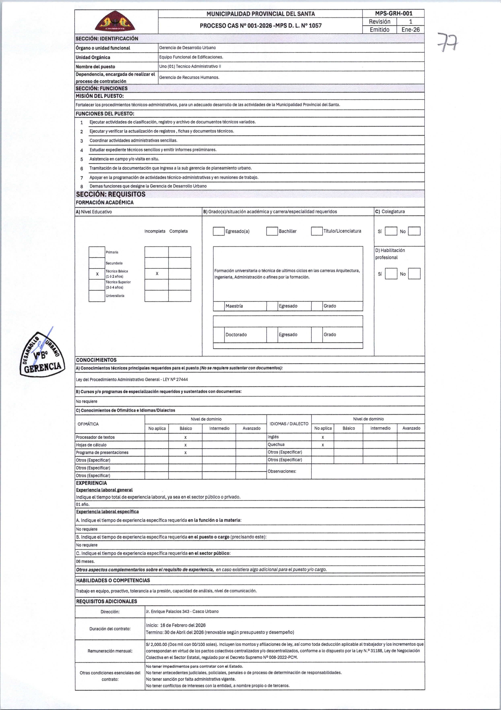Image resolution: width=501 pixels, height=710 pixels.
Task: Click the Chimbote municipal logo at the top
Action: pos(115,22)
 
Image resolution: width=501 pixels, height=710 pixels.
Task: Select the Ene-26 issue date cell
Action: pos(410,30)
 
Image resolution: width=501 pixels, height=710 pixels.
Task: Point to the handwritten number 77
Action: pos(448,42)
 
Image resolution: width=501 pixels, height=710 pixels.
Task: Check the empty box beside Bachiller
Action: pos(272,231)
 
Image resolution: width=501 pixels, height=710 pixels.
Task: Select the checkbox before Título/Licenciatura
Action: pos(317,231)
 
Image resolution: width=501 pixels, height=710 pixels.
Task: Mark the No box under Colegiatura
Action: pos(414,231)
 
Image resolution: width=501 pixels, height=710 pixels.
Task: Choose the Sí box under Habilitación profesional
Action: pos(391,274)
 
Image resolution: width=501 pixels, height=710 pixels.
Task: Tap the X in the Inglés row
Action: pos(323,437)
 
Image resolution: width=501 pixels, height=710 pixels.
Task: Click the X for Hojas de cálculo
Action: pos(185,445)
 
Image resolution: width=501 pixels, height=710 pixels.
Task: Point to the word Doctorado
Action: pos(236,335)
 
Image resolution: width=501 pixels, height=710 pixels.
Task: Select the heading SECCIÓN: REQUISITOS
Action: pos(111,194)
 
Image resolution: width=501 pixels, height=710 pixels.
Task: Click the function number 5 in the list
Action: pos(81,159)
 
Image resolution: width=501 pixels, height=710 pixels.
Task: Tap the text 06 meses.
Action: pos(85,561)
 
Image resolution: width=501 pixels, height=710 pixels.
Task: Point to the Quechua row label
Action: pos(276,445)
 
